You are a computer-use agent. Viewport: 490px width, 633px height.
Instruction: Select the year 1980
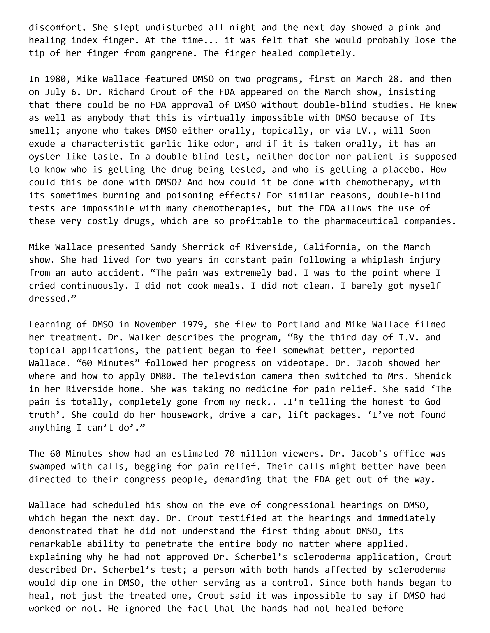click(x=55, y=79)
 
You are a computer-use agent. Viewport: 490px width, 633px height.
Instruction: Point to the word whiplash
click(x=382, y=260)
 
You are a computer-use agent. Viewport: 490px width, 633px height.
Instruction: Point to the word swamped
click(x=47, y=466)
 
